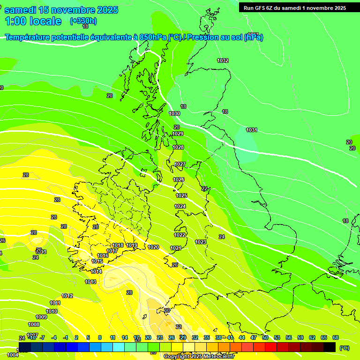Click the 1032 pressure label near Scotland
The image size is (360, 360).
pyautogui.click(x=223, y=61)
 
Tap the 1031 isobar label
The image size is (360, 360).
pyautogui.click(x=252, y=130)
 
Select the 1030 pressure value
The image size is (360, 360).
pyautogui.click(x=174, y=113)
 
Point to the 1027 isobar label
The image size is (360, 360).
pyautogui.click(x=180, y=164)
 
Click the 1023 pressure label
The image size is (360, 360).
pyautogui.click(x=201, y=242)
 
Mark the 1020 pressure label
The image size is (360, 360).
pyautogui.click(x=153, y=247)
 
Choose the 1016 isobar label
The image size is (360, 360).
pyautogui.click(x=103, y=255)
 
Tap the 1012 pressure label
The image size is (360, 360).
pyautogui.click(x=67, y=296)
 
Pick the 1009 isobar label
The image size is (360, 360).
pyautogui.click(x=41, y=317)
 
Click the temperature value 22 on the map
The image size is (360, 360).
pyautogui.click(x=204, y=188)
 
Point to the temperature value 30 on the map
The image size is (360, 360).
pyautogui.click(x=167, y=310)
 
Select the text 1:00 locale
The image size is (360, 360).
pyautogui.click(x=33, y=21)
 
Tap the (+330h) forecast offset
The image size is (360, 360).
pyautogui.click(x=83, y=21)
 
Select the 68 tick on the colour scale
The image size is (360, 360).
pyautogui.click(x=336, y=337)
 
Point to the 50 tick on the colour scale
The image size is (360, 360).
pyautogui.click(x=265, y=337)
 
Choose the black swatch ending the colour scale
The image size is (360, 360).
pyautogui.click(x=330, y=347)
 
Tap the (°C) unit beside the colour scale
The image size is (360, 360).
pyautogui.click(x=344, y=348)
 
